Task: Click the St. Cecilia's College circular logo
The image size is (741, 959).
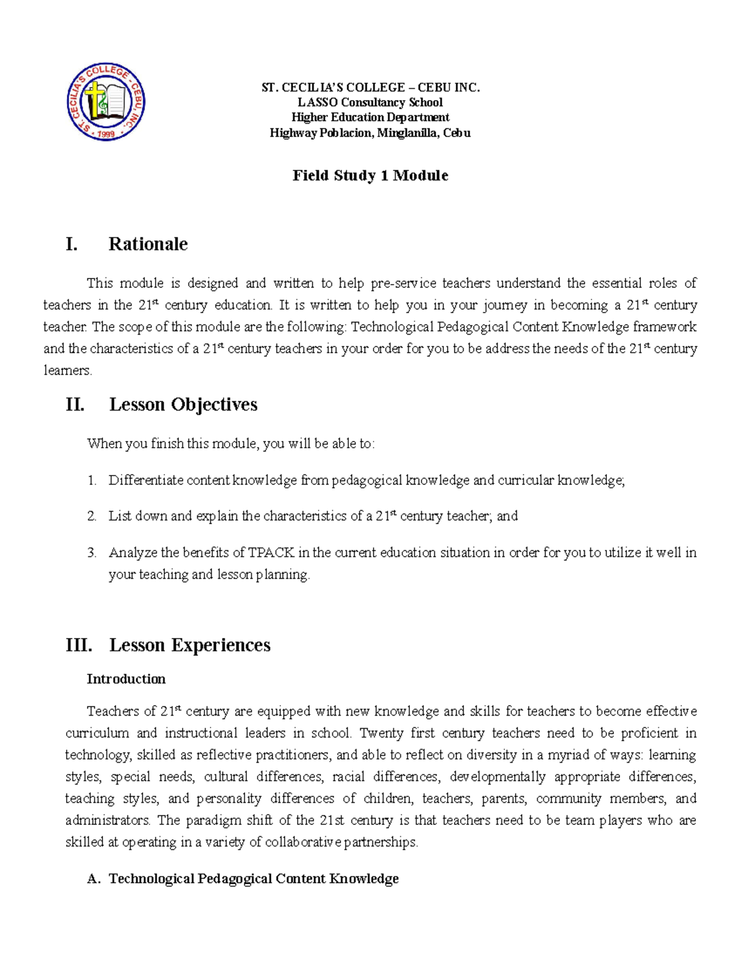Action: tap(106, 102)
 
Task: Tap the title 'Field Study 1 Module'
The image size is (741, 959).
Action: tap(370, 175)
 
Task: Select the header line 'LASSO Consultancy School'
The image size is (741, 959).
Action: tap(370, 103)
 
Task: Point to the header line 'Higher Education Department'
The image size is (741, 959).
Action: tap(370, 117)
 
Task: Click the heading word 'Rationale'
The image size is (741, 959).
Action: tap(148, 244)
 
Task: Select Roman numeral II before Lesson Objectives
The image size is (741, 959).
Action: tap(75, 404)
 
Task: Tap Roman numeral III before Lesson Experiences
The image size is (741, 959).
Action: tap(78, 645)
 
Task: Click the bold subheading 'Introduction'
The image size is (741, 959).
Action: tap(126, 679)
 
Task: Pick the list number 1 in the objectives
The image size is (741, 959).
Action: tap(91, 480)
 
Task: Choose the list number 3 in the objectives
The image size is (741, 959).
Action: tap(91, 553)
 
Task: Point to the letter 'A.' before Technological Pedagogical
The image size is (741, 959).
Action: tap(94, 879)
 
